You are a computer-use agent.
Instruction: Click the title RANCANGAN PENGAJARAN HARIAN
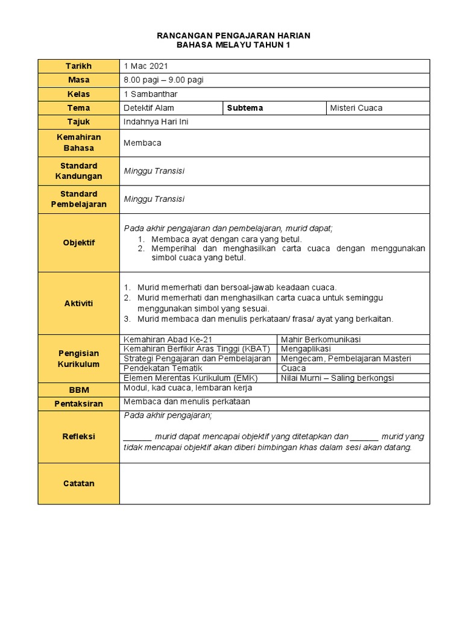[x=233, y=36]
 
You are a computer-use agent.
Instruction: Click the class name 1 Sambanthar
[x=151, y=94]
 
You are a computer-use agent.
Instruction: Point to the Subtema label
[x=245, y=108]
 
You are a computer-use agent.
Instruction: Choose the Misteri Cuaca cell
[x=356, y=108]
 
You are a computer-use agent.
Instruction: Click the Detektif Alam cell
[x=149, y=108]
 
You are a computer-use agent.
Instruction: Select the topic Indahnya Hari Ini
[x=156, y=122]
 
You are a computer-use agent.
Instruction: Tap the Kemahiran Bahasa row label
[x=79, y=143]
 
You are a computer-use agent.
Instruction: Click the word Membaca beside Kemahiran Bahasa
[x=142, y=143]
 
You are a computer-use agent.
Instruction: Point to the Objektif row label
[x=79, y=243]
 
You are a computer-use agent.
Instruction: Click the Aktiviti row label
[x=79, y=303]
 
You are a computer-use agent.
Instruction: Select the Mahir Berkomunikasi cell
[x=321, y=340]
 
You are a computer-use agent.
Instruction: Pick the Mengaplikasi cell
[x=306, y=349]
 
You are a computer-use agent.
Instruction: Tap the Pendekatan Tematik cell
[x=163, y=368]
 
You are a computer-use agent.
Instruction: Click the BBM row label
[x=79, y=390]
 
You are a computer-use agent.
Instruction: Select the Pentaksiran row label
[x=79, y=404]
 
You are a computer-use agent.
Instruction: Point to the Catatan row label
[x=79, y=483]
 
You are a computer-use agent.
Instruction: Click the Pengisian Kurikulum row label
[x=79, y=359]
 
